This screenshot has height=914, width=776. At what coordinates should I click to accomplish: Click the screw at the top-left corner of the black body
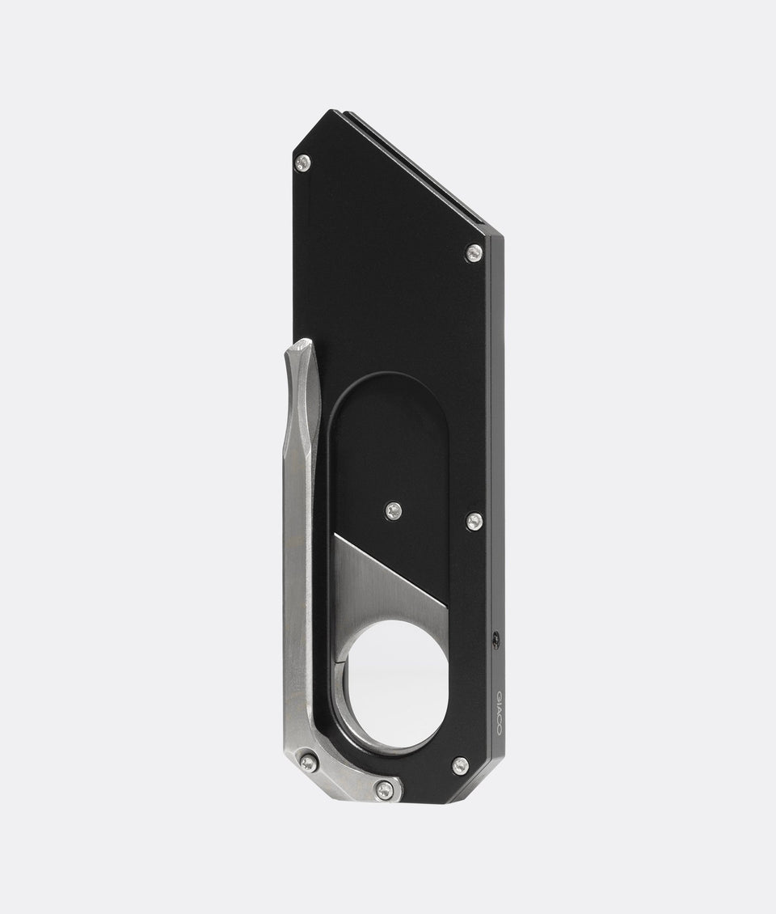[303, 163]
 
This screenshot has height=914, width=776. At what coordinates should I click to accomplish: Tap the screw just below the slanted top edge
[474, 253]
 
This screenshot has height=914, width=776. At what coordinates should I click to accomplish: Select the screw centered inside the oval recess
[394, 510]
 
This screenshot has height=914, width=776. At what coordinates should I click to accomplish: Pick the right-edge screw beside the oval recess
[474, 521]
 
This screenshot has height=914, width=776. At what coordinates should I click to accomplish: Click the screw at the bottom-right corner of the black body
[460, 765]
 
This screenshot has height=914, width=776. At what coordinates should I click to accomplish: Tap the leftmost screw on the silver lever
[309, 763]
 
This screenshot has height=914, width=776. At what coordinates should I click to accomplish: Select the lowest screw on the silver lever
[386, 789]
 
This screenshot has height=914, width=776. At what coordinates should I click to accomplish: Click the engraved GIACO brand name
[497, 713]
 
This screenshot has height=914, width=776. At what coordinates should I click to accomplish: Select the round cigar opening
[396, 683]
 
